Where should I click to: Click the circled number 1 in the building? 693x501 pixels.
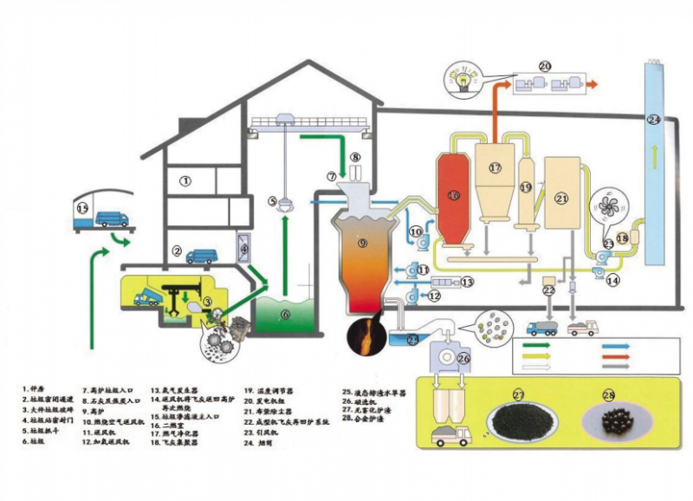[185, 181]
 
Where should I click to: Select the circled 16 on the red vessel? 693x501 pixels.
[452, 196]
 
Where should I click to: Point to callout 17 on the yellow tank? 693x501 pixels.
[495, 168]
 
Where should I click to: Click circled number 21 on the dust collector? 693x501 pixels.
[561, 198]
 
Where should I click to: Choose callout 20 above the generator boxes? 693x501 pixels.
[545, 66]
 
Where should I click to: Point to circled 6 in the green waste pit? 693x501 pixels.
[285, 315]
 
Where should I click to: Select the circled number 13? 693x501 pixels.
[467, 282]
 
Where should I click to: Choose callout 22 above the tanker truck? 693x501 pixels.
[548, 290]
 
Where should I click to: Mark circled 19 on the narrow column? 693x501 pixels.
[525, 186]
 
